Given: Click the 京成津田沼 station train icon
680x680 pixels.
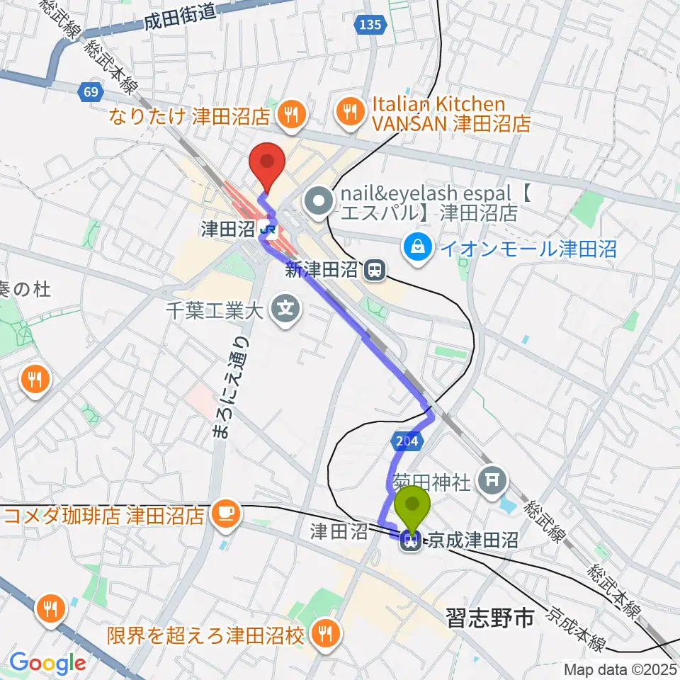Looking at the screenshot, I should click(x=409, y=542).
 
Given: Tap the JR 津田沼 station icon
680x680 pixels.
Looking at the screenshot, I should click(x=268, y=228).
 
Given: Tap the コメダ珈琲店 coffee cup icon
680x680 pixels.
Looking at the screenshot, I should click(x=225, y=514).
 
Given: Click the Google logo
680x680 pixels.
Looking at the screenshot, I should click(x=47, y=663).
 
